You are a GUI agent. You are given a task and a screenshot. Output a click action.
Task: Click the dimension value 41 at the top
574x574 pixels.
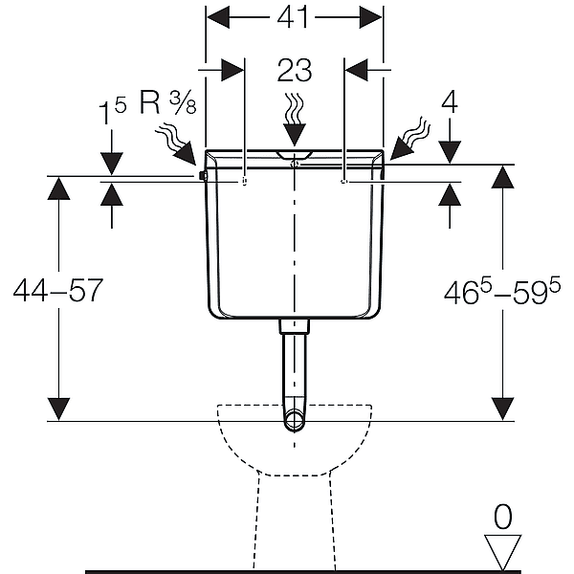[x=292, y=17]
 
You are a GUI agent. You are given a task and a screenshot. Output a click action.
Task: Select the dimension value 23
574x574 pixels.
[x=295, y=70]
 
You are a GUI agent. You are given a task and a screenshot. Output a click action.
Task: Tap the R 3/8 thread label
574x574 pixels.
[x=168, y=102]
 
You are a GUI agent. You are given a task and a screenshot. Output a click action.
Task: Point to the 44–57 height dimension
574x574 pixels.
[x=57, y=290]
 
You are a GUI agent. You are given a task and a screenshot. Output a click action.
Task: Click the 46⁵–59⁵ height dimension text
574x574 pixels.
[x=502, y=291]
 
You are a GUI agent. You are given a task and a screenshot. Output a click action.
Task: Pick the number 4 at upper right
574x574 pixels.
[x=450, y=102]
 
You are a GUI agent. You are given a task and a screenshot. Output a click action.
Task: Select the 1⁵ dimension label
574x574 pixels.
[x=112, y=111]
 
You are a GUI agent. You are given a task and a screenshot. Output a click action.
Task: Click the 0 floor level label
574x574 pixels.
[x=502, y=517]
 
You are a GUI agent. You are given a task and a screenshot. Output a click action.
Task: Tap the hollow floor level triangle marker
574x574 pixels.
[x=502, y=551]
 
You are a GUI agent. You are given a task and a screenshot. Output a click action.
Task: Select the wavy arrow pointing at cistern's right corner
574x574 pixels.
[x=409, y=140]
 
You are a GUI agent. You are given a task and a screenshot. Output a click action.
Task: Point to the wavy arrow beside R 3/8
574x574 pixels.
[x=175, y=143]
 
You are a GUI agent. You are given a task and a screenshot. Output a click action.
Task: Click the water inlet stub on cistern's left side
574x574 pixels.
[x=203, y=176]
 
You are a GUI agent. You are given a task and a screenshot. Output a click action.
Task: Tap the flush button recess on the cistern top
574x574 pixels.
[x=295, y=154]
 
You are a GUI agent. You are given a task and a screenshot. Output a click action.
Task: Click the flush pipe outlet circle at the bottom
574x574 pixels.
[x=295, y=420]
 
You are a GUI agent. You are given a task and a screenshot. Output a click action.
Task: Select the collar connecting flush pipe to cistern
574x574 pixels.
[x=295, y=326]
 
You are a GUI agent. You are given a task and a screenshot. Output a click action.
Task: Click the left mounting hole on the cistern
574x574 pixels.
[x=245, y=181]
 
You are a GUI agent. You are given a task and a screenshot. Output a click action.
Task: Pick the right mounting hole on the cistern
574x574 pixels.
[x=343, y=181]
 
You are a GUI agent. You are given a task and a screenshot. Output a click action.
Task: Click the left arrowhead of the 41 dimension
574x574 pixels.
[x=218, y=17]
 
